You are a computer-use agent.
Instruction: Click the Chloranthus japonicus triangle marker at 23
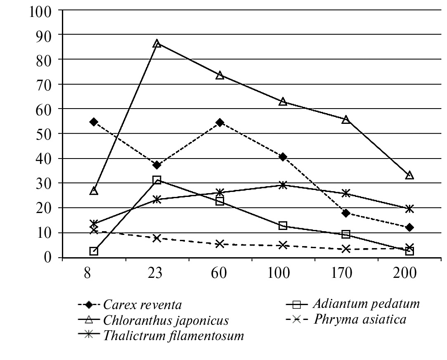coord(157,43)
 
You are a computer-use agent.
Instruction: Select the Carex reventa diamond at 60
coord(220,123)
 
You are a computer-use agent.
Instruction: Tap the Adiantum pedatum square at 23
coord(157,180)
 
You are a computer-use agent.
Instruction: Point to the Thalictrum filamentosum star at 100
coord(283,185)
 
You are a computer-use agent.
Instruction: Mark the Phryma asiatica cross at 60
coord(220,244)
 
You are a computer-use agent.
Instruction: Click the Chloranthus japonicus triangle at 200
coord(409,175)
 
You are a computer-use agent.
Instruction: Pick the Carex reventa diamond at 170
coord(346,213)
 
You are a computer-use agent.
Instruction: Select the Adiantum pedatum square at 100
coord(283,225)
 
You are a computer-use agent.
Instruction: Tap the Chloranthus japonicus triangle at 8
coord(94,191)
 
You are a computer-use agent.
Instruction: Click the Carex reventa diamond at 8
coord(94,122)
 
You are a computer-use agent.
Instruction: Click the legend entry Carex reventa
coord(142,306)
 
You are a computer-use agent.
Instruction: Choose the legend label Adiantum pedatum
coord(366,304)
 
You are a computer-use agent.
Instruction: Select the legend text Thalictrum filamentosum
coord(174,335)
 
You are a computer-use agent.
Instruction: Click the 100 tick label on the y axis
coord(40,10)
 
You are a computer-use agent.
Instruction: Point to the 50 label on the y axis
coord(44,134)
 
